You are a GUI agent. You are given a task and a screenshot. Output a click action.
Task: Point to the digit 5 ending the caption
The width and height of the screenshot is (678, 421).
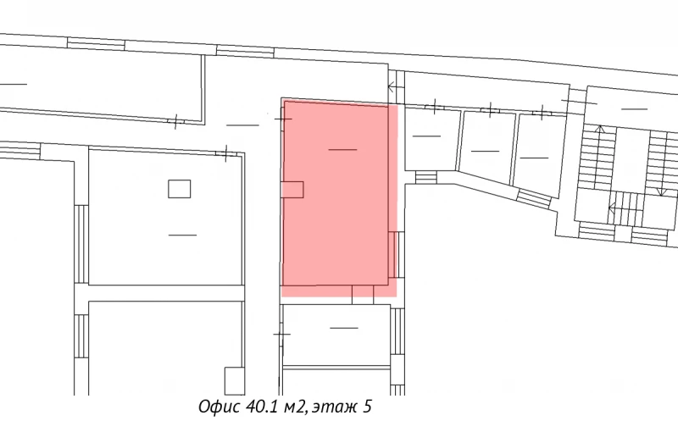368,407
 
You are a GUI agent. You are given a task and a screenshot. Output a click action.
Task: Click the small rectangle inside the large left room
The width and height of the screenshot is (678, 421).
179,188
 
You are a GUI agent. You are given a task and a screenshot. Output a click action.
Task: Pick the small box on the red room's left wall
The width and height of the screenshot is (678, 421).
292,190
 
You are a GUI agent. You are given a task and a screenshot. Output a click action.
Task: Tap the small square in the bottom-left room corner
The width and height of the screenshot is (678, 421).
234,380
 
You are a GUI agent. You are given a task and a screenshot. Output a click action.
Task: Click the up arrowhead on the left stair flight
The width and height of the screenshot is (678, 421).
599,129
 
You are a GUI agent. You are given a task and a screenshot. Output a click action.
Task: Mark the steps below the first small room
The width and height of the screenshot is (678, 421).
426,176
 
